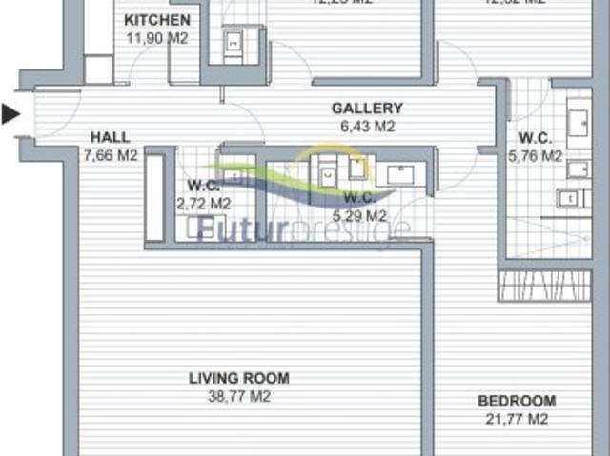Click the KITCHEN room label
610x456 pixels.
pos(157,20)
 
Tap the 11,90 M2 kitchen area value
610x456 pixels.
pos(157,38)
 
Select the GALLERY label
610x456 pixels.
pos(367,109)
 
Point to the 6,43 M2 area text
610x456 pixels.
pos(367,126)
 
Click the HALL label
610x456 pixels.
pos(110,137)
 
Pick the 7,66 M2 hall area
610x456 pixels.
pos(110,155)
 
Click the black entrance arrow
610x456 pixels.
pos(10,115)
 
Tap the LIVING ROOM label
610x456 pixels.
pos(238,378)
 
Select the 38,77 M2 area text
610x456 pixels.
pos(238,396)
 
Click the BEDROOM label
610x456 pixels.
pos(517,401)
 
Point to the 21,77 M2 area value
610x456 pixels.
pos(517,419)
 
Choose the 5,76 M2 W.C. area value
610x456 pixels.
pos(539,155)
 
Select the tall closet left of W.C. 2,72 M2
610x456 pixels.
pos(154,197)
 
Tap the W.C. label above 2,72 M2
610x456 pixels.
pos(203,185)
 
